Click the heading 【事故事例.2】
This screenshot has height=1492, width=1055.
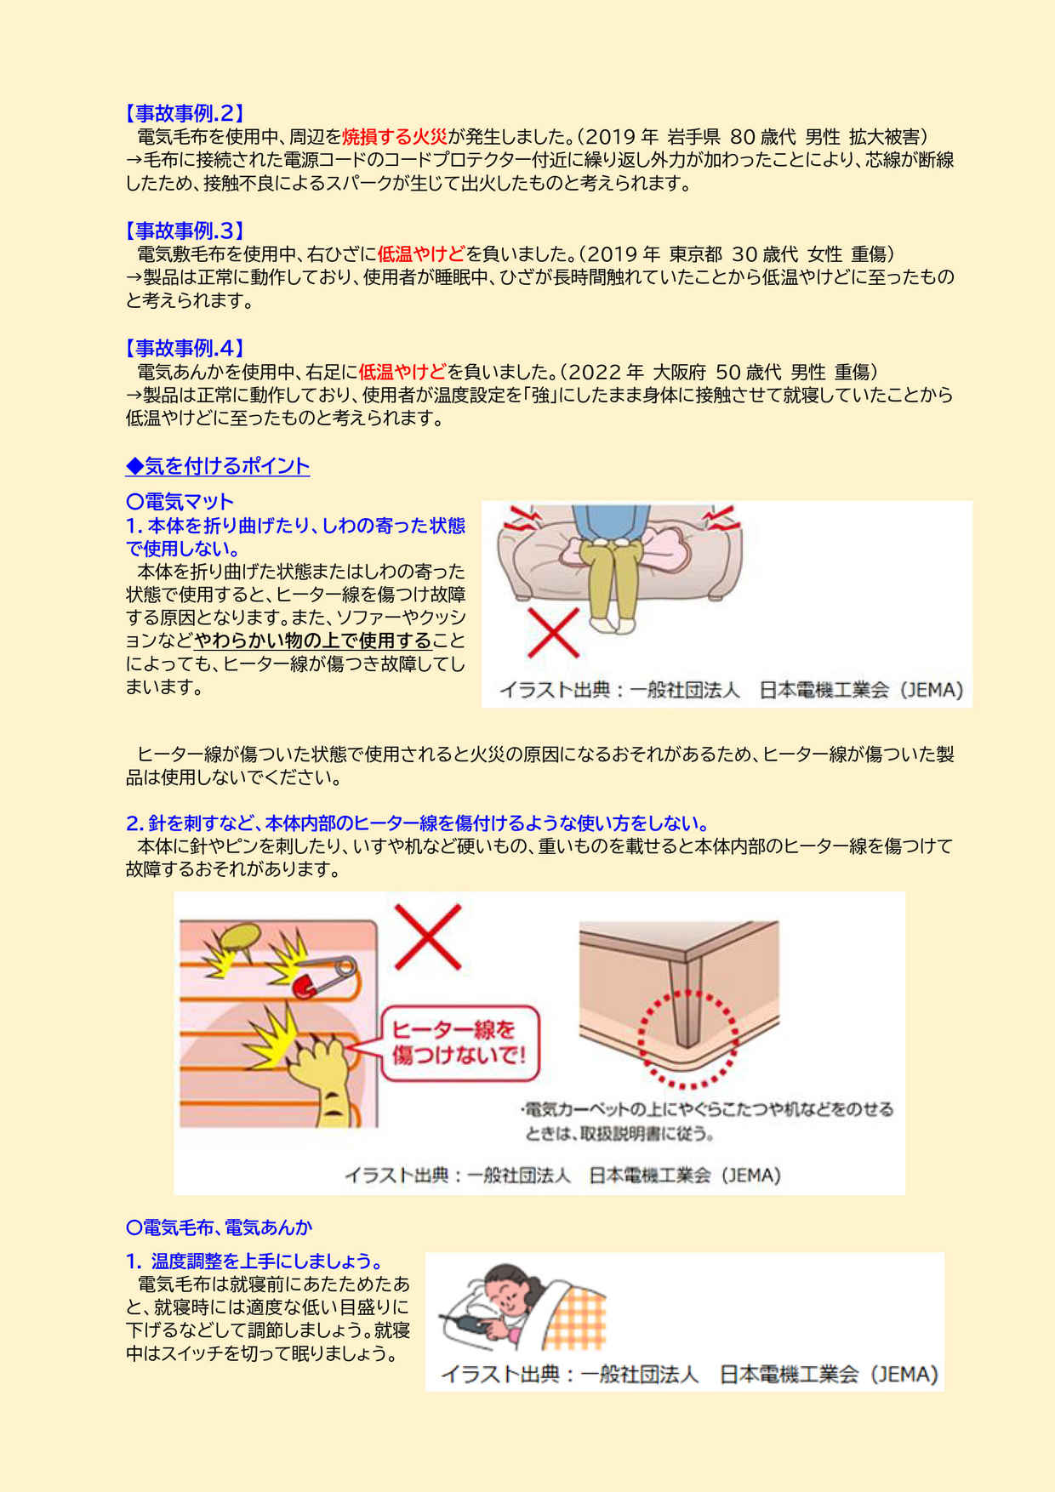click(185, 113)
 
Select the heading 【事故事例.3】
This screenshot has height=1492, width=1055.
click(185, 231)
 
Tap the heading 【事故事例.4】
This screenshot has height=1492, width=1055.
click(185, 348)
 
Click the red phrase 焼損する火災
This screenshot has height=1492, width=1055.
click(394, 137)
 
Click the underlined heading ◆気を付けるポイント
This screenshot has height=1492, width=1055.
click(218, 466)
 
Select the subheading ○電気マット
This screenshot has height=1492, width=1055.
click(180, 502)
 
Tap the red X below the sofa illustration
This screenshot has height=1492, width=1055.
click(553, 632)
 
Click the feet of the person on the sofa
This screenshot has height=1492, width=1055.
click(613, 624)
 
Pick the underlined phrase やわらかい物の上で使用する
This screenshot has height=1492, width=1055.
click(313, 641)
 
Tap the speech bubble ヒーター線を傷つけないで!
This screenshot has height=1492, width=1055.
click(459, 1043)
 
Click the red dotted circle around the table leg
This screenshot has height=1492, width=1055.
click(687, 1039)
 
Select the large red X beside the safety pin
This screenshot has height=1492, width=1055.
click(427, 937)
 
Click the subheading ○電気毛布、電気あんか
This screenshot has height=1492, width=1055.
click(219, 1227)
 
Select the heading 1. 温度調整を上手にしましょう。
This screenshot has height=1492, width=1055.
click(255, 1261)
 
